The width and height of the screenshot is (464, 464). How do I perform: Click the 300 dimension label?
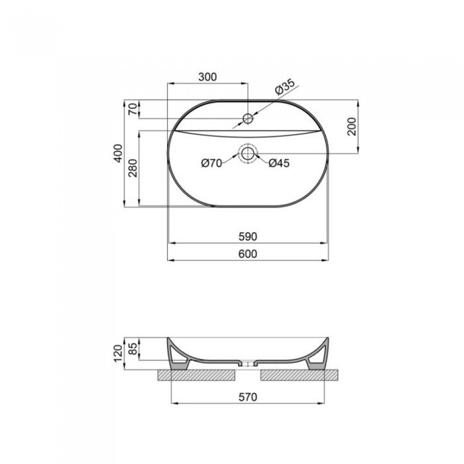[x=207, y=77]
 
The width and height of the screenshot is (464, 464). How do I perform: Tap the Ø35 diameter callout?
[x=285, y=86]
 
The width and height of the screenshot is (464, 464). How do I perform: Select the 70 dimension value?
[x=133, y=109]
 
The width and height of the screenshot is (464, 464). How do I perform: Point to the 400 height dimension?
[x=118, y=153]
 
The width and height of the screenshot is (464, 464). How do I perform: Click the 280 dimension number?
[x=133, y=168]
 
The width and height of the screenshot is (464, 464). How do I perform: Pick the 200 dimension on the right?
[x=352, y=127]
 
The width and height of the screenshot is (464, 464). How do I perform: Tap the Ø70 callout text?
[x=211, y=163]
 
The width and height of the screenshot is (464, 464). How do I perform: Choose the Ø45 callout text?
[x=279, y=163]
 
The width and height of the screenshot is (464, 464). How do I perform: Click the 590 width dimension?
[x=248, y=237]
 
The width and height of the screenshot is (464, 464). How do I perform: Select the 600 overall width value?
[x=248, y=254]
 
